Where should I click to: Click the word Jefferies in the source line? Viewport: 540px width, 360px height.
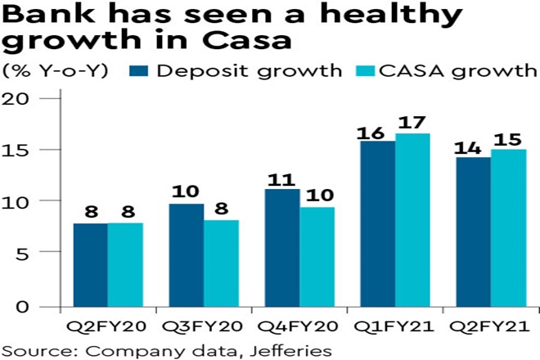click(x=292, y=349)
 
